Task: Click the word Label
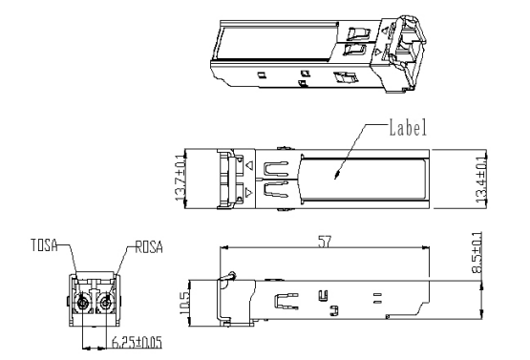click(408, 127)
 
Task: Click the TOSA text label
click(44, 245)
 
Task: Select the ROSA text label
click(149, 247)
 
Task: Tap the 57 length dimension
click(325, 242)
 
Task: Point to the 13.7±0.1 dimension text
click(180, 178)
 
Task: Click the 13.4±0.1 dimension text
click(481, 180)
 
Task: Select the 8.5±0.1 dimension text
click(477, 252)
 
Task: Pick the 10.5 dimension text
click(185, 304)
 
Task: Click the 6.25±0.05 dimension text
click(137, 342)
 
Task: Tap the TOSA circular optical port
click(82, 304)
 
